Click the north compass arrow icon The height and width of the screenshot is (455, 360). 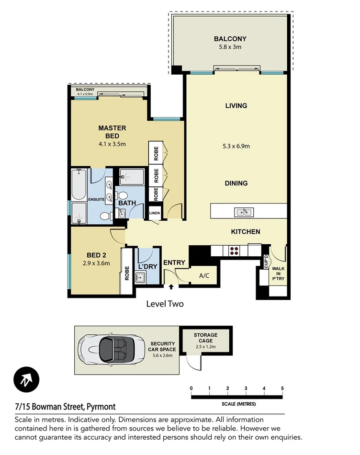[26, 381]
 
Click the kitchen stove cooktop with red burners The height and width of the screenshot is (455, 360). [235, 250]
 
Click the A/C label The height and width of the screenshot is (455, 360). [204, 276]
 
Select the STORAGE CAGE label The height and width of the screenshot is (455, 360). [205, 338]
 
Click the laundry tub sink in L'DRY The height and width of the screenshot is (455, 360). [140, 277]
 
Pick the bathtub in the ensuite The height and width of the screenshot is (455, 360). [79, 184]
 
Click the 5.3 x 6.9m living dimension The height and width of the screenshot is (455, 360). [236, 146]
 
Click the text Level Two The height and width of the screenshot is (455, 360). [165, 304]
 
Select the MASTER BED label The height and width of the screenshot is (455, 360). [112, 131]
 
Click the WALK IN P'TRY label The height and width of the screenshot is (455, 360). [278, 271]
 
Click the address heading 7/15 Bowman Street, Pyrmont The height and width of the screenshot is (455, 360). [65, 407]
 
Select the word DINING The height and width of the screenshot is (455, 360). [236, 183]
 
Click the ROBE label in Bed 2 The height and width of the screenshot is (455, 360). [127, 273]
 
